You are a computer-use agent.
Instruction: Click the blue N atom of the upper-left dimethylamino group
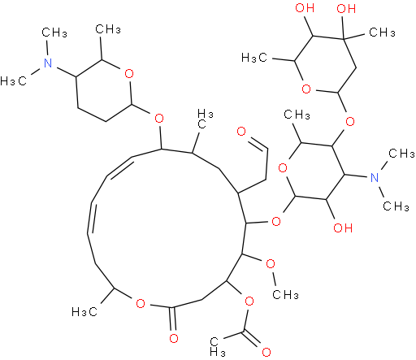tap(48, 63)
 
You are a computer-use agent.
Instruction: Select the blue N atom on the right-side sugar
tap(375, 177)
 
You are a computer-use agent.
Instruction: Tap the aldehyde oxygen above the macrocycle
tap(240, 132)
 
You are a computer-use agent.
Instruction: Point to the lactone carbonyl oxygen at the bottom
tap(174, 338)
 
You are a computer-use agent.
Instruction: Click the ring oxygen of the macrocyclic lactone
tap(141, 304)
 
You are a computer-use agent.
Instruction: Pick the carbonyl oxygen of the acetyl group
tap(266, 352)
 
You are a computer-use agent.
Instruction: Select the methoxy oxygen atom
tap(271, 264)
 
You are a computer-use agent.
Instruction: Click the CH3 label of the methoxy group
tap(285, 294)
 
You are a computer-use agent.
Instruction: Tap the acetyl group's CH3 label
tap(218, 347)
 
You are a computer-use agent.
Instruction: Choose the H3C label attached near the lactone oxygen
tap(84, 312)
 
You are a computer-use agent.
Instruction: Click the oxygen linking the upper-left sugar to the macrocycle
tap(159, 119)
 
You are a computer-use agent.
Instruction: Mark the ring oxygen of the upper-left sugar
tap(129, 74)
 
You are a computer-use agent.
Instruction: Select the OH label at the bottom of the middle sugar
tap(343, 228)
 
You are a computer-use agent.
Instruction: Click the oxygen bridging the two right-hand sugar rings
tap(350, 121)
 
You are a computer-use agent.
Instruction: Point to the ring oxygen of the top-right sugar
tap(306, 89)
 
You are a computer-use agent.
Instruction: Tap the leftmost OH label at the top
tap(305, 8)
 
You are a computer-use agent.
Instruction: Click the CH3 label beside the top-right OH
tap(382, 33)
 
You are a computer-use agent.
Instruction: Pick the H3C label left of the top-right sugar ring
tap(254, 58)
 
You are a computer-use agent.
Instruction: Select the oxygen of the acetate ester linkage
tap(249, 301)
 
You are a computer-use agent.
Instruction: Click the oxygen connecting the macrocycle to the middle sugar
tap(276, 222)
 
